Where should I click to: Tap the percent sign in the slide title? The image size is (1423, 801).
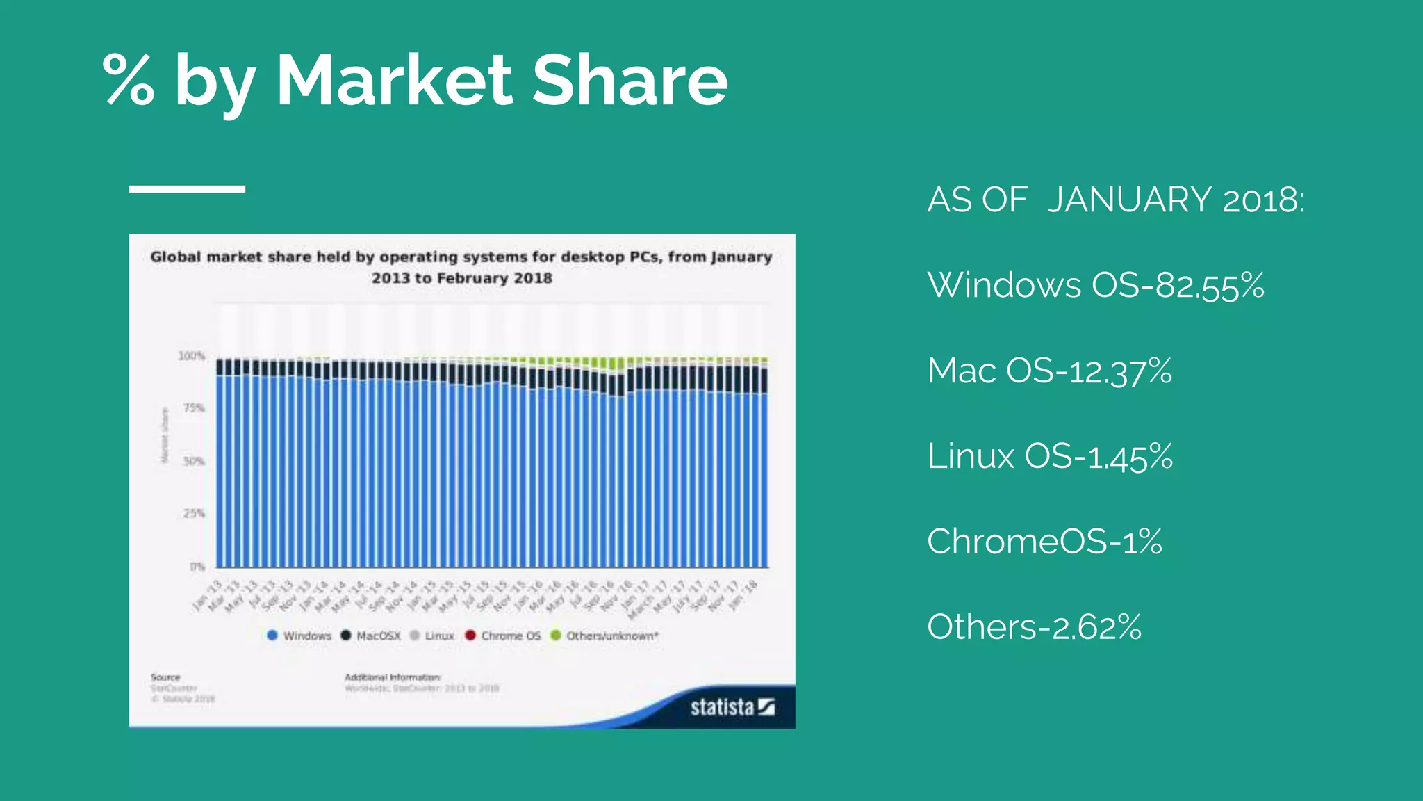tap(129, 81)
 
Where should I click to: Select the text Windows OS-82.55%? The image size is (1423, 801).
tap(1096, 285)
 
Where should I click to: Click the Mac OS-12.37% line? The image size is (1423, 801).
tap(1049, 371)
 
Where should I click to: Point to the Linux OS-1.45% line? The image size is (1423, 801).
tap(1049, 457)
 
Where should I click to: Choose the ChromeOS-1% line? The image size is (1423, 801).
tap(1044, 542)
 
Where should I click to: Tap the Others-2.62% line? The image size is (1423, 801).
tap(1034, 627)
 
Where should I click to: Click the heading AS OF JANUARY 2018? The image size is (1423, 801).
tap(1116, 200)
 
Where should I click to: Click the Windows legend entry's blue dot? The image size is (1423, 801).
tap(272, 636)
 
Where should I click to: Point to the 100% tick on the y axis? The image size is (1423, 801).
tap(192, 356)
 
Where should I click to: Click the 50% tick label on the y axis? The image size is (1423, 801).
tap(194, 461)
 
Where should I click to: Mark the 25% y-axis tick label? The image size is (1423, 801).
tap(194, 513)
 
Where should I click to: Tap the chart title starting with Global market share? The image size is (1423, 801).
tap(461, 267)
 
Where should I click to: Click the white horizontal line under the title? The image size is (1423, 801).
tap(187, 189)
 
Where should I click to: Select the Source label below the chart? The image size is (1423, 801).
tap(165, 677)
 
